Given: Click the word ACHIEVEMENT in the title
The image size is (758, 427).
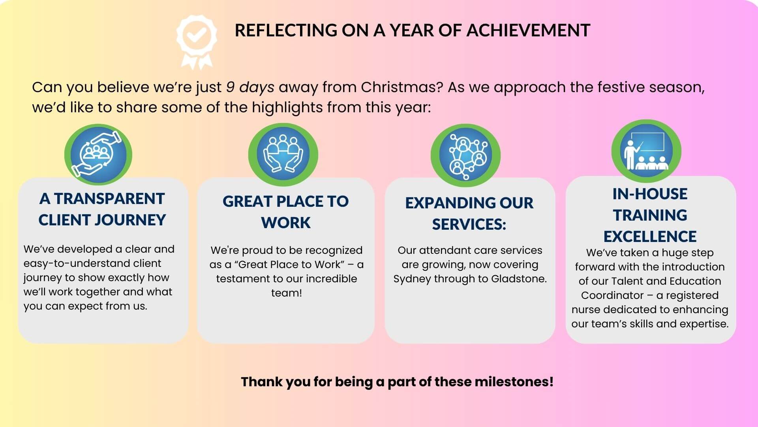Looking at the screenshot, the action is tap(528, 30).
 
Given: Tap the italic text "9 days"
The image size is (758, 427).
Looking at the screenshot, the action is tap(250, 87).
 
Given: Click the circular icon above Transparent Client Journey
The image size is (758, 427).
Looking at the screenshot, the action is tap(98, 155).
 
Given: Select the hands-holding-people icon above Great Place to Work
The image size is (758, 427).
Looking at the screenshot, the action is tap(283, 154).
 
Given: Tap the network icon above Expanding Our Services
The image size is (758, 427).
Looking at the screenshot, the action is tap(466, 155).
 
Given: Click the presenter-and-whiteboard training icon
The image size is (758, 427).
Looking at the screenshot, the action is tap(646, 151).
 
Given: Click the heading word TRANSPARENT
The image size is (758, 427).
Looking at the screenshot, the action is tap(109, 199).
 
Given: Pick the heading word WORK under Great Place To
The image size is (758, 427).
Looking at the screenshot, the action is tap(286, 223).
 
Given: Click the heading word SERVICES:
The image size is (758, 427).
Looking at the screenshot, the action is tap(469, 225).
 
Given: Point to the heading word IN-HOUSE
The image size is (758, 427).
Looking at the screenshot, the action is tap(650, 194).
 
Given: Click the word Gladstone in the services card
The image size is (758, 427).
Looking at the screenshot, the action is tap(519, 279).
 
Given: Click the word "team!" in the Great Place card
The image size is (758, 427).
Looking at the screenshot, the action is tap(287, 293).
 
